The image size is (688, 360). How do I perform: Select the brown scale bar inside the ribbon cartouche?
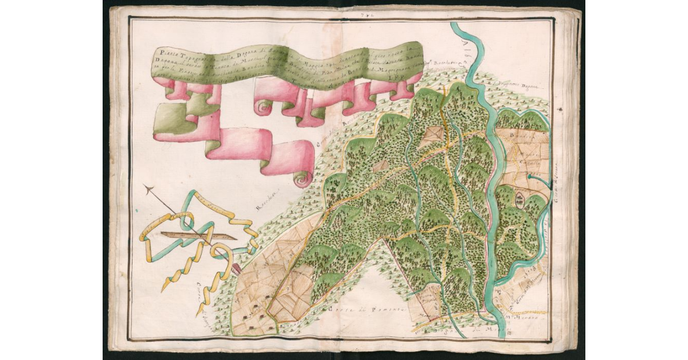click(198, 236)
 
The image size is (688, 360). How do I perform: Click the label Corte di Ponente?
click(367, 310)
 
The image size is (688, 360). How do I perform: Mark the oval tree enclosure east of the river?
click(519, 199)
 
